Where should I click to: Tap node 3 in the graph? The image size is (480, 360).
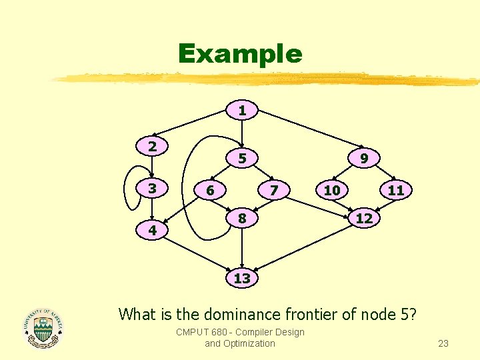coord(152,189)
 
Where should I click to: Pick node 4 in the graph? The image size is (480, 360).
coord(153,231)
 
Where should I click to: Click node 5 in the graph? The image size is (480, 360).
coord(243,159)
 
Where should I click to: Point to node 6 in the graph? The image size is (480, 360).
coord(210,191)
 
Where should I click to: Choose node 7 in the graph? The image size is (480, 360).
coord(273,191)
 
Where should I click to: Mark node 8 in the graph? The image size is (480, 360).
coord(243,219)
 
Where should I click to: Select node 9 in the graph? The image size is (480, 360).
coord(364,159)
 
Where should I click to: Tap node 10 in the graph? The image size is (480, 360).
coord(332,191)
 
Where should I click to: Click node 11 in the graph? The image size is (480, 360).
coord(396,191)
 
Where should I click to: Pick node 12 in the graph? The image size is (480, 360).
coord(364,219)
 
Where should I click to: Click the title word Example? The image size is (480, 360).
coord(240,54)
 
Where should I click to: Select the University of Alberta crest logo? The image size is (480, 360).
coord(43,327)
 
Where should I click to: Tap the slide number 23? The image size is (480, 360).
coord(443,344)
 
